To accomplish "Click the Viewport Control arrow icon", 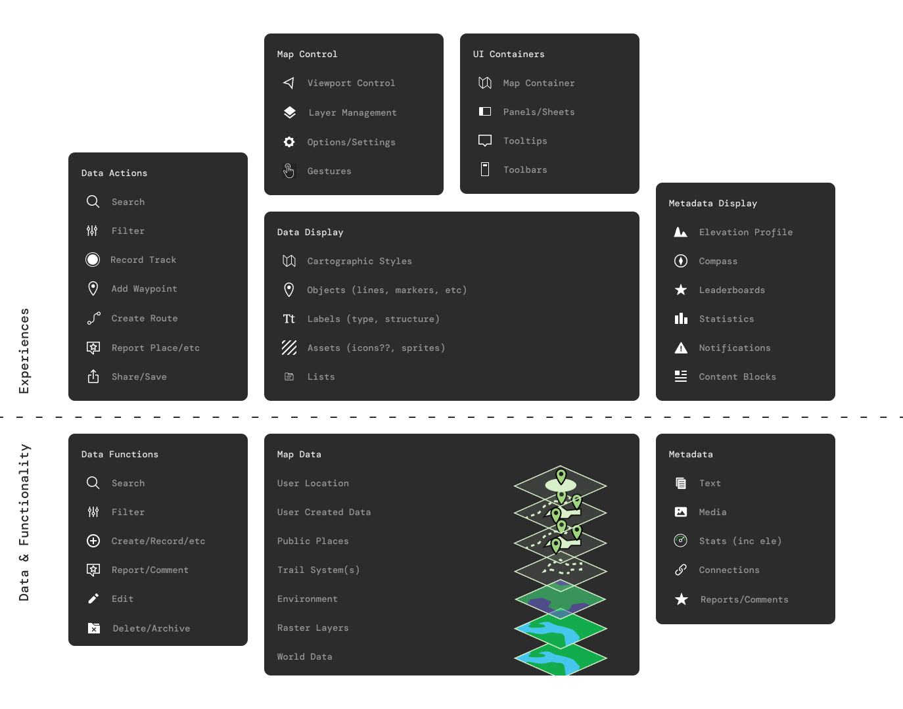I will tap(289, 83).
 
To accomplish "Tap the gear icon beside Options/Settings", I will tap(289, 142).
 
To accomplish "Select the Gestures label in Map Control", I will tap(329, 172).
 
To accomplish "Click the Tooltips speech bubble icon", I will tap(485, 141).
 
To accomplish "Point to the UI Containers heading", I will tap(509, 55).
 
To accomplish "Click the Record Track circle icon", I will tap(93, 260).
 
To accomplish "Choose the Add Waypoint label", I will tap(144, 289).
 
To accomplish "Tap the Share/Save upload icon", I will tap(93, 377).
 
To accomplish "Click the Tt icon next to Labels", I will tap(289, 319).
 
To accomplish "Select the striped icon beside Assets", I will tap(289, 348).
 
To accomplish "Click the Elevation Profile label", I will tap(745, 233).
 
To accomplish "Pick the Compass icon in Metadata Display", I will tap(681, 261).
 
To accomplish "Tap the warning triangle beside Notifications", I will tap(681, 348).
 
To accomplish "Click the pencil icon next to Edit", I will tap(93, 599).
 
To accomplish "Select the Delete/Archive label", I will tap(151, 629).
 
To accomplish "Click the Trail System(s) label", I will tap(318, 570).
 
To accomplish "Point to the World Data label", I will tap(304, 657).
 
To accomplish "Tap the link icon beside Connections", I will tap(681, 570).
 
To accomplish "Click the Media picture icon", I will tap(681, 512).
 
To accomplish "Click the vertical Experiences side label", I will tap(24, 351).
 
